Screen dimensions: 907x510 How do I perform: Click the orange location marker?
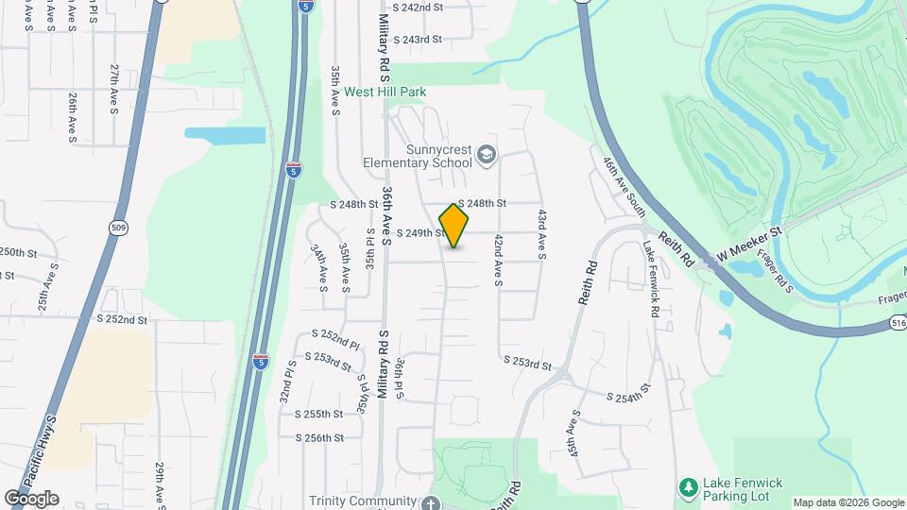[453, 226]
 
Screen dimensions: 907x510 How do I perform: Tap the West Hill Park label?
[385, 93]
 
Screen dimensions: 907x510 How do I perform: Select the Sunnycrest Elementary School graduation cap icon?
[487, 155]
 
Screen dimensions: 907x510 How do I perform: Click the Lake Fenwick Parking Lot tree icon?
[689, 487]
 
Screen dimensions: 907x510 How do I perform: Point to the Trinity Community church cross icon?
[431, 501]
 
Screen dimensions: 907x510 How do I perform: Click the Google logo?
[31, 498]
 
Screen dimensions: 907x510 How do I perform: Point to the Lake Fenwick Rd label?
[651, 279]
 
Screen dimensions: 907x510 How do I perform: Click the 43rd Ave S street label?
[542, 235]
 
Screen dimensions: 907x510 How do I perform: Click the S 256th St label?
[318, 438]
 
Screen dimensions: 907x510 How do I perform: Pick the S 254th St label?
[628, 393]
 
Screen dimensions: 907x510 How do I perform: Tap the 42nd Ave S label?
[497, 262]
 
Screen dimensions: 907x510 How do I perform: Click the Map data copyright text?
[847, 502]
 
